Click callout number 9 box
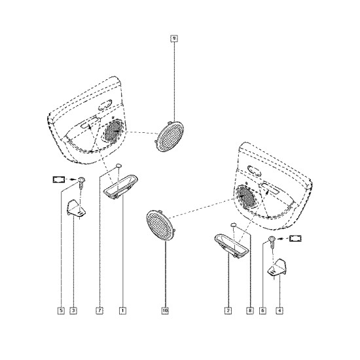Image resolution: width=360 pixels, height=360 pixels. tap(174, 39)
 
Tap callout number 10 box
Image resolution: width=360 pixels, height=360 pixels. tap(165, 311)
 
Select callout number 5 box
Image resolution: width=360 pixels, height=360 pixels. tap(61, 311)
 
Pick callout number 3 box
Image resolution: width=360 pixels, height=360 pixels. tap(73, 311)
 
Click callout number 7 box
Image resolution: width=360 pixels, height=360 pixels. tap(99, 311)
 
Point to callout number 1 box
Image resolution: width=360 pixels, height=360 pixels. tap(122, 311)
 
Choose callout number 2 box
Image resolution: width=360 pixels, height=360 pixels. tap(228, 311)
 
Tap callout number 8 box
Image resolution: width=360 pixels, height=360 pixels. tap(250, 311)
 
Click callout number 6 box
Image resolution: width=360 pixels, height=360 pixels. tap(263, 311)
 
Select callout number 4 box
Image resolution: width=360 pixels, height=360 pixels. tap(279, 311)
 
